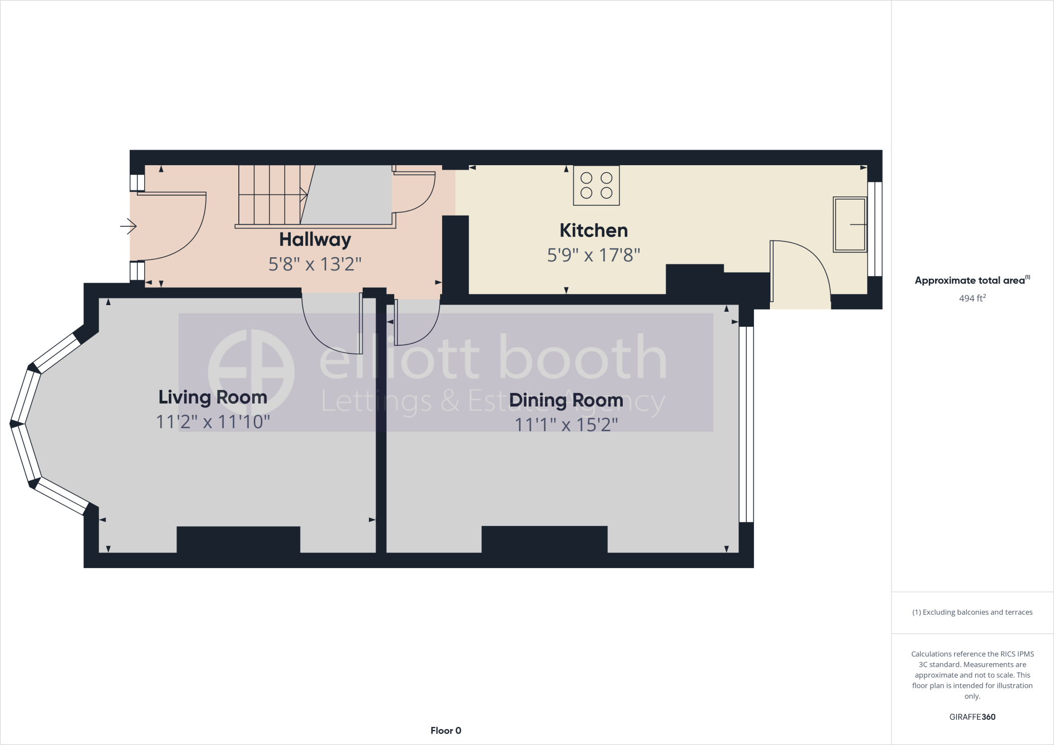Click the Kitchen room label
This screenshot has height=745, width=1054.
593,230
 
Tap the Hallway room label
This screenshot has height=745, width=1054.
315,240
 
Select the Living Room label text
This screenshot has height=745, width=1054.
213,397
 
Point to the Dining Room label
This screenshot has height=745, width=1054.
566,400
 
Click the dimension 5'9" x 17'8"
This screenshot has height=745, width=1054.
593,255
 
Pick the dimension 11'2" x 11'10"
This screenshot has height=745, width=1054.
213,422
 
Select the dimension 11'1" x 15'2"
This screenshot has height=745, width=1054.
566,425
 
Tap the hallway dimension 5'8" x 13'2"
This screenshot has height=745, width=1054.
315,264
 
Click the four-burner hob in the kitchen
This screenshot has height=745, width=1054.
596,186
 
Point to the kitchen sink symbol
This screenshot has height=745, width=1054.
849,224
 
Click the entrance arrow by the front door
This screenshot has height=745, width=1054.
128,226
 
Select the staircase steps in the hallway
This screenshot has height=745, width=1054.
270,194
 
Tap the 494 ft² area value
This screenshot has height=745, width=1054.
972,298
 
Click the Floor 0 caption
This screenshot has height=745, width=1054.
446,731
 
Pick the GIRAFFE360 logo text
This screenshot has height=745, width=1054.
972,717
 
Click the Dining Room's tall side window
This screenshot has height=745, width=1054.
746,424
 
